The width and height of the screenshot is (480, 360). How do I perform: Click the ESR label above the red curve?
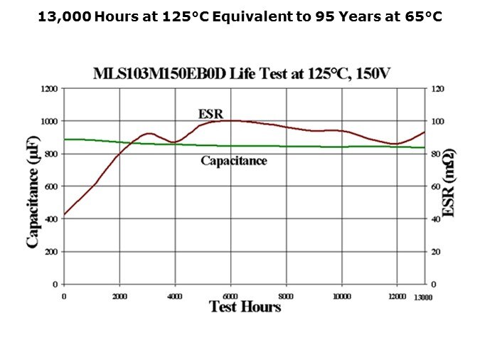point(210,113)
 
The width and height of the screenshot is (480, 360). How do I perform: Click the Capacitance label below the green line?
point(233,161)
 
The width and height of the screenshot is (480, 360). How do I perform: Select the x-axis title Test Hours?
point(245,307)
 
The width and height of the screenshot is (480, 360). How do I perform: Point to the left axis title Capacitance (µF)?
point(33,186)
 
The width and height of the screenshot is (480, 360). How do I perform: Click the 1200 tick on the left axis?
point(49,89)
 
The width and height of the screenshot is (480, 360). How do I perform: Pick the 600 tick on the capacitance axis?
point(50,186)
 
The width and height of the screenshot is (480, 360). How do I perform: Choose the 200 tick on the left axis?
point(50,252)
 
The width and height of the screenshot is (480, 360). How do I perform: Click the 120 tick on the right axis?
point(438,89)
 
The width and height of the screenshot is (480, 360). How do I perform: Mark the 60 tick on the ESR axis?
point(436,186)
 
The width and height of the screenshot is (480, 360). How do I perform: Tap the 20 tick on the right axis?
point(436,252)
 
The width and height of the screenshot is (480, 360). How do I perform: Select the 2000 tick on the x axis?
point(119,295)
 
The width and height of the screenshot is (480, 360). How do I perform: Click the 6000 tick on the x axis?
point(230,295)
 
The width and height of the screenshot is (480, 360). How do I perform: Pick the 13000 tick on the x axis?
point(425,297)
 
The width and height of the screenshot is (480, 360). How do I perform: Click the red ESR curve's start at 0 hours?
point(65,214)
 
